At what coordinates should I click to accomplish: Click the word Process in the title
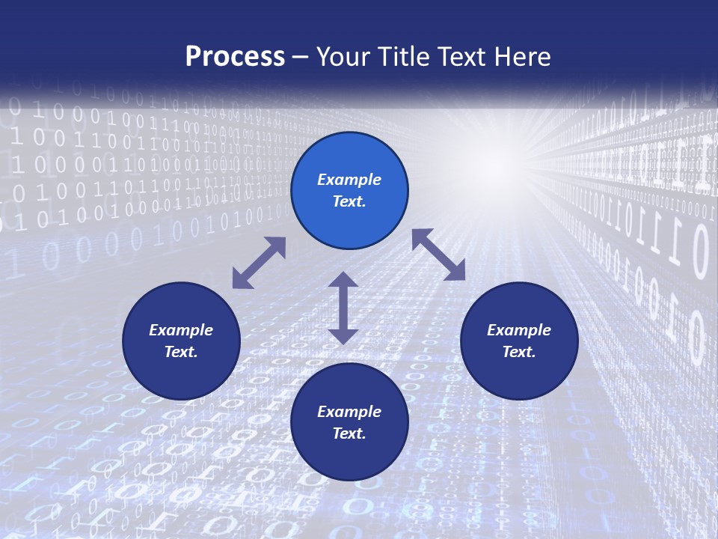[x=235, y=57]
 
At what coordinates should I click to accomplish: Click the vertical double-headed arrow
[x=343, y=308]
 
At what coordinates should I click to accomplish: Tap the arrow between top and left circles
[x=259, y=263]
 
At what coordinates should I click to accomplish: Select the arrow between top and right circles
[x=438, y=255]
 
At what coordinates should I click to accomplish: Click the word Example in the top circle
[x=349, y=180]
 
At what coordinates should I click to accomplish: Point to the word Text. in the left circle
[x=181, y=352]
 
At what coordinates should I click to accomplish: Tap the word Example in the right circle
[x=519, y=330]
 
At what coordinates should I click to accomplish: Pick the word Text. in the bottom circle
[x=349, y=433]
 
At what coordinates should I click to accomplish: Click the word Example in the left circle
[x=181, y=330]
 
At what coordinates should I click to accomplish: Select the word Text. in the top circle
[x=349, y=201]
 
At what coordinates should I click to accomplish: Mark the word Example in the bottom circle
[x=349, y=412]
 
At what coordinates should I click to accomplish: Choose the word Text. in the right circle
[x=519, y=352]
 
